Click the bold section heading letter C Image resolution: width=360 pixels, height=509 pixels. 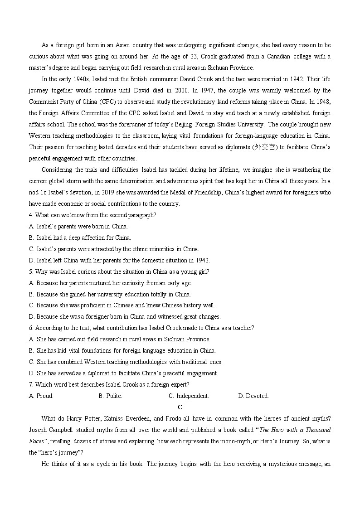point(180,407)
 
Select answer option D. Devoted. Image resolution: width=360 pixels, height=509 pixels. point(253,396)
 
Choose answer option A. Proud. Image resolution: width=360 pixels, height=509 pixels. point(41,396)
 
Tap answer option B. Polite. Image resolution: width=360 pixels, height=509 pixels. point(110,396)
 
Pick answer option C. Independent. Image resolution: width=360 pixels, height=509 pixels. point(189,396)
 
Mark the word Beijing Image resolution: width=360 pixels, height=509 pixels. point(194,124)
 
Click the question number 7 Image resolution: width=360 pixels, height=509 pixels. point(31,384)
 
